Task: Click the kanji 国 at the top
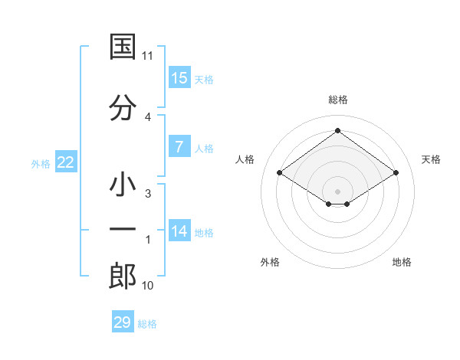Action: tap(123, 47)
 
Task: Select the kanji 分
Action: tap(123, 109)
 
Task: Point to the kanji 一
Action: tap(123, 230)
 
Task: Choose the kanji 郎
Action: tap(123, 277)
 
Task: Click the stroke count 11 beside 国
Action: tap(148, 56)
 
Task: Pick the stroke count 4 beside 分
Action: tap(148, 116)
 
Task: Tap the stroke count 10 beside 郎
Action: tap(148, 286)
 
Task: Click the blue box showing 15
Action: tap(179, 78)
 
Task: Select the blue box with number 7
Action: tap(179, 147)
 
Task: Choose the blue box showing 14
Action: tap(179, 231)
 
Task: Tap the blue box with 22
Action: tap(65, 162)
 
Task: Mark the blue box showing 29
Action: tap(123, 322)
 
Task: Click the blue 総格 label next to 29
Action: tap(148, 324)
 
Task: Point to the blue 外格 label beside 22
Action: tap(40, 164)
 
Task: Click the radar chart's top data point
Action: tap(337, 131)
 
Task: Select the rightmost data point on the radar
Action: tap(396, 173)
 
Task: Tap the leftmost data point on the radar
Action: tap(280, 173)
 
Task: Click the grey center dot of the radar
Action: tap(337, 190)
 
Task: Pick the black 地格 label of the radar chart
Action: tap(402, 262)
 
